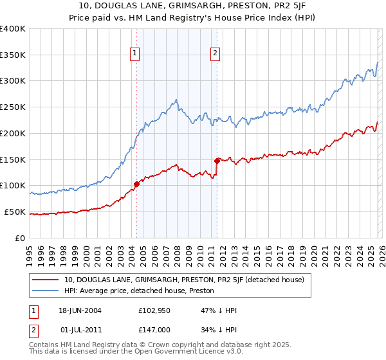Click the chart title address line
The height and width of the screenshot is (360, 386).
click(x=193, y=6)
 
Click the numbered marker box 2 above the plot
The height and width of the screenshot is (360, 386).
click(x=216, y=54)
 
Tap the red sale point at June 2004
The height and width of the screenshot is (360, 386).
click(x=136, y=184)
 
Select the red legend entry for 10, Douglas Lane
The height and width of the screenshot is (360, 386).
click(x=188, y=280)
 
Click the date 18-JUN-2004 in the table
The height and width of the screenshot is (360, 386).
click(x=85, y=310)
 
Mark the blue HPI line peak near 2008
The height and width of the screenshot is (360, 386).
click(x=176, y=100)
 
